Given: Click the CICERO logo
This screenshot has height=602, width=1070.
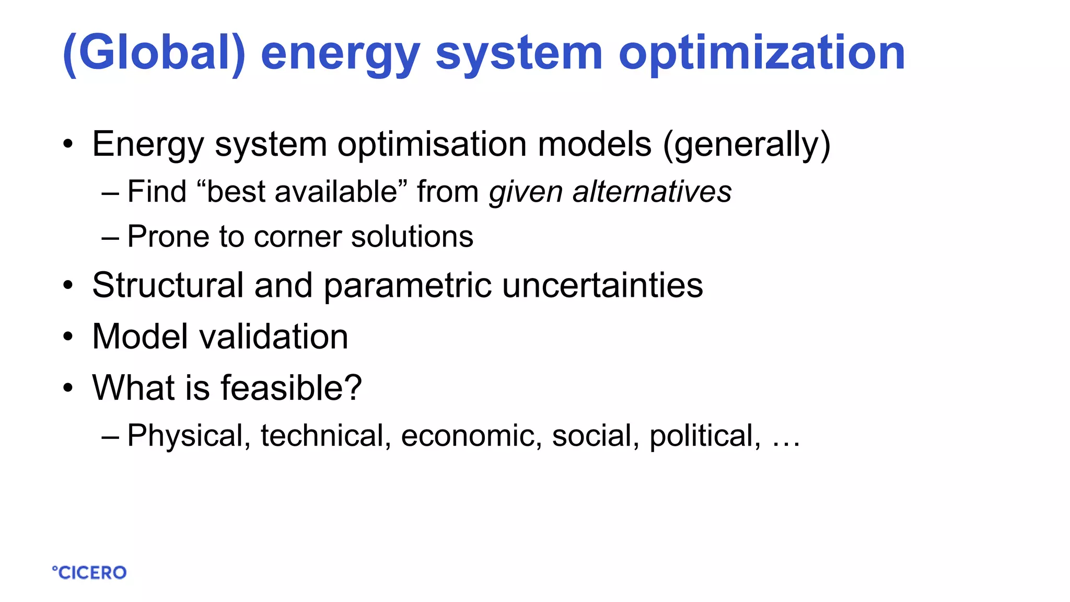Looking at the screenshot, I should (x=89, y=573).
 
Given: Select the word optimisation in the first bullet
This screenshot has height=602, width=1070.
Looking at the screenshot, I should (x=432, y=144).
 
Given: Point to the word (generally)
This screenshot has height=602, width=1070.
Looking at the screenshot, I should (x=747, y=145).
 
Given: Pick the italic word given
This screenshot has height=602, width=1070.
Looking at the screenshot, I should (x=526, y=192).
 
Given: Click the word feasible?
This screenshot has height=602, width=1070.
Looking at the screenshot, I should (x=291, y=388).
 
